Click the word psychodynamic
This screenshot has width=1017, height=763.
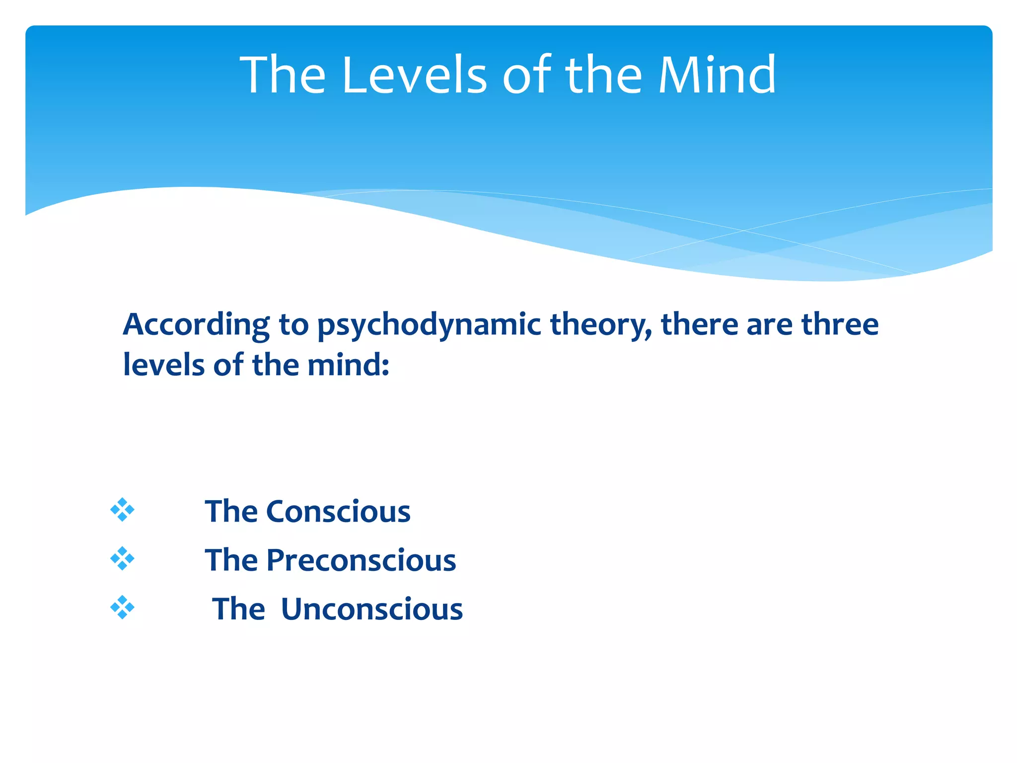coord(429,325)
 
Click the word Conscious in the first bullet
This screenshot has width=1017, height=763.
coord(338,511)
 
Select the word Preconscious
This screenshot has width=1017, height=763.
coord(361,560)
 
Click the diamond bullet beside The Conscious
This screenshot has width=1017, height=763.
coord(122,510)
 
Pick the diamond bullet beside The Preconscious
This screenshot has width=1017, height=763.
coord(122,559)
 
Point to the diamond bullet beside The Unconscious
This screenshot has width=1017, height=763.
coord(122,608)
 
